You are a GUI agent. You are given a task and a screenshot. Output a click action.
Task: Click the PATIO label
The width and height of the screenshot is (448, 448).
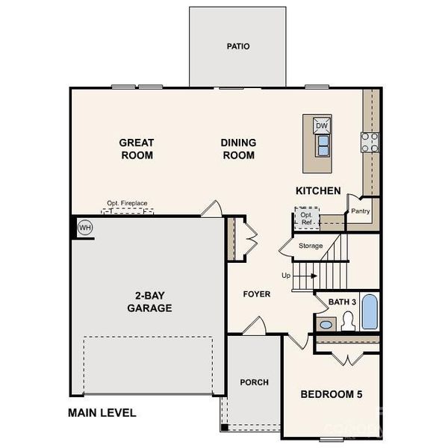(x=238, y=46)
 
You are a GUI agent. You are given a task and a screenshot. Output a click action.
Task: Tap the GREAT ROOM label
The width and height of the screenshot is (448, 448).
(x=137, y=149)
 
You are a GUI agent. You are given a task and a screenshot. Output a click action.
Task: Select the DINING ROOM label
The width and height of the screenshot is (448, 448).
(x=238, y=149)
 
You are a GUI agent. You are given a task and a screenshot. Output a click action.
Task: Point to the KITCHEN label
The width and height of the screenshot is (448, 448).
(x=318, y=191)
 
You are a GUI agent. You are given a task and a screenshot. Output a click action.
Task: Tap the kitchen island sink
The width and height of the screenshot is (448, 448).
(x=322, y=147)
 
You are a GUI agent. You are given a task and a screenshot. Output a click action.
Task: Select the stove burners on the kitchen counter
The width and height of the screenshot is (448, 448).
(x=370, y=142)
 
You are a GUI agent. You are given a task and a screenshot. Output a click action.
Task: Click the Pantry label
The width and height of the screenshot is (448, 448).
(x=361, y=211)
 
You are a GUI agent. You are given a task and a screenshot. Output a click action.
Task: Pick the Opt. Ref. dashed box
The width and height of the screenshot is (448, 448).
(x=306, y=219)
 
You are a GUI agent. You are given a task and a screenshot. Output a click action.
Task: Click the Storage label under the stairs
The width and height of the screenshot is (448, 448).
(x=311, y=246)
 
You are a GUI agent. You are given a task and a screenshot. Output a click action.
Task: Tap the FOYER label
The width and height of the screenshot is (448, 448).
(x=256, y=294)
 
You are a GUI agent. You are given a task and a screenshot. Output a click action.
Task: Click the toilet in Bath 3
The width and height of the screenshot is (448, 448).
(x=347, y=321)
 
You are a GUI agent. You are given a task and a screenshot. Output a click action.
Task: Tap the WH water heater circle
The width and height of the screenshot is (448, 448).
(x=84, y=227)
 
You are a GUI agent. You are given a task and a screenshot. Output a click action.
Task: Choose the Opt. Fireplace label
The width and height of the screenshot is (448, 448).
(x=128, y=203)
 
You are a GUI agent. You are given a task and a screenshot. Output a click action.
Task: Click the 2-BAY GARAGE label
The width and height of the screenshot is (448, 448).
(x=149, y=301)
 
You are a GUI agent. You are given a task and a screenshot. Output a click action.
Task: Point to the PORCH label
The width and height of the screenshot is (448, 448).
(x=254, y=382)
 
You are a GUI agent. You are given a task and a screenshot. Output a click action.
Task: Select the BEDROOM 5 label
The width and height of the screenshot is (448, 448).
(x=331, y=394)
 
